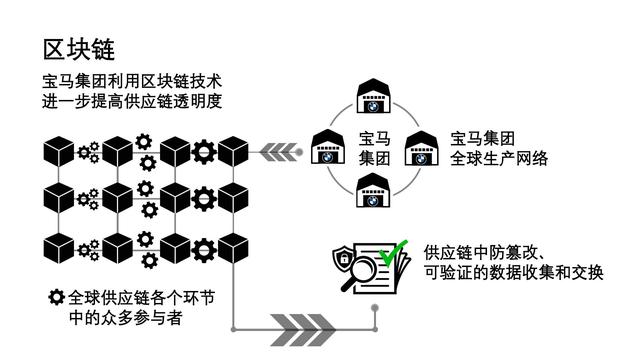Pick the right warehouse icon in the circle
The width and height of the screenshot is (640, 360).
(x=420, y=146)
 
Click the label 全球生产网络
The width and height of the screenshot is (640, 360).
(x=499, y=158)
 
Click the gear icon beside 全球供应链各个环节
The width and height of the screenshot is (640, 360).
(x=57, y=297)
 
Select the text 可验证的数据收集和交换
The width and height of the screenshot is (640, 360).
(x=513, y=272)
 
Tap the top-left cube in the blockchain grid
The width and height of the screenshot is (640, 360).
(x=59, y=151)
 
